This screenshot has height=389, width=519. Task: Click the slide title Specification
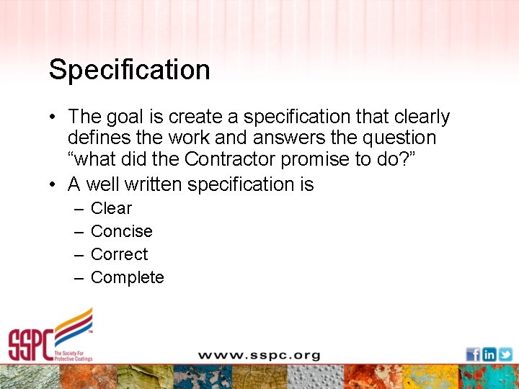[130, 70]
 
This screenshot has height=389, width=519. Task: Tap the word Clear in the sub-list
[111, 208]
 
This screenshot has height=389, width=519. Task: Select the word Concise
[121, 231]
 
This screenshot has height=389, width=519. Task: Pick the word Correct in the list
[119, 254]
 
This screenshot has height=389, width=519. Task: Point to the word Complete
[127, 277]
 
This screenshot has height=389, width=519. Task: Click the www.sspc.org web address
[259, 355]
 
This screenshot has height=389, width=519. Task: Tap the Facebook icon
[473, 354]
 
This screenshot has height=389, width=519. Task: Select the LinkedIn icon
[489, 354]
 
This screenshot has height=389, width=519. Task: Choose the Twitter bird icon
[505, 354]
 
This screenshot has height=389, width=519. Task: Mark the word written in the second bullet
[154, 184]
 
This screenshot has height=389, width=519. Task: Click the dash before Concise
[77, 231]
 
